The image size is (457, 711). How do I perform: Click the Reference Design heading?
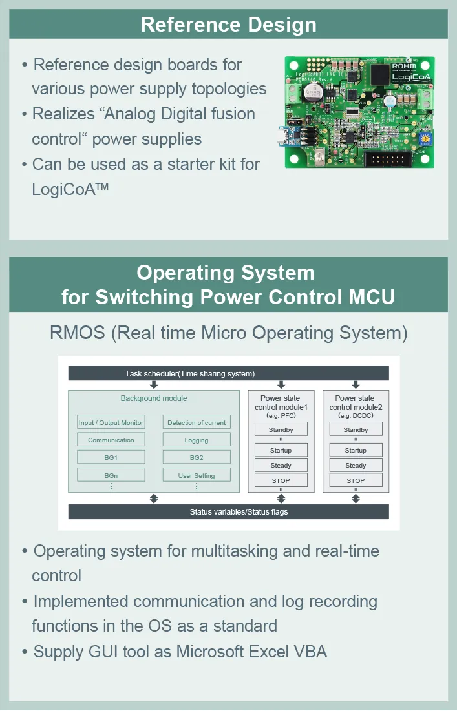pyautogui.click(x=228, y=25)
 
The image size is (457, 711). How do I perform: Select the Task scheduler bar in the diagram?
pyautogui.click(x=228, y=373)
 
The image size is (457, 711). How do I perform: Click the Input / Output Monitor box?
pyautogui.click(x=111, y=422)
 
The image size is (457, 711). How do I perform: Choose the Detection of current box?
pyautogui.click(x=197, y=422)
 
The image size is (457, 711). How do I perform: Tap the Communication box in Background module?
pyautogui.click(x=111, y=440)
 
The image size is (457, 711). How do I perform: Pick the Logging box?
pyautogui.click(x=197, y=440)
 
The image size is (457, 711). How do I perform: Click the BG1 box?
pyautogui.click(x=111, y=457)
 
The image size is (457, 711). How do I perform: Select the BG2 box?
pyautogui.click(x=197, y=457)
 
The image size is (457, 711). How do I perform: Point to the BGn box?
pyautogui.click(x=111, y=475)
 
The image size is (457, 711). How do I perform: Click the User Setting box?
pyautogui.click(x=197, y=475)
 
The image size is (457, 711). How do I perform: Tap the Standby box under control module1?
pyautogui.click(x=281, y=429)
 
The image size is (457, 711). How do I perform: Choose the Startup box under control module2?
pyautogui.click(x=356, y=450)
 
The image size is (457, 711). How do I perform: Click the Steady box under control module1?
pyautogui.click(x=281, y=465)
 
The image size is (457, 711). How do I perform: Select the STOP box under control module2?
pyautogui.click(x=356, y=480)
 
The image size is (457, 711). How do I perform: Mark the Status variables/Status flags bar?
pyautogui.click(x=228, y=512)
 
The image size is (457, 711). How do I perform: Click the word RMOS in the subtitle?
pyautogui.click(x=78, y=333)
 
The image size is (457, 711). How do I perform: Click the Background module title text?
pyautogui.click(x=154, y=398)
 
